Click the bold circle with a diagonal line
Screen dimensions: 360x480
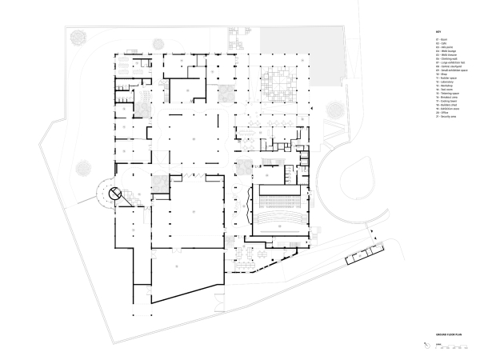[114, 192]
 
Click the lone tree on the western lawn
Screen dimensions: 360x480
[82, 168]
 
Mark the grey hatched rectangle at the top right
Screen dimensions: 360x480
[300, 41]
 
